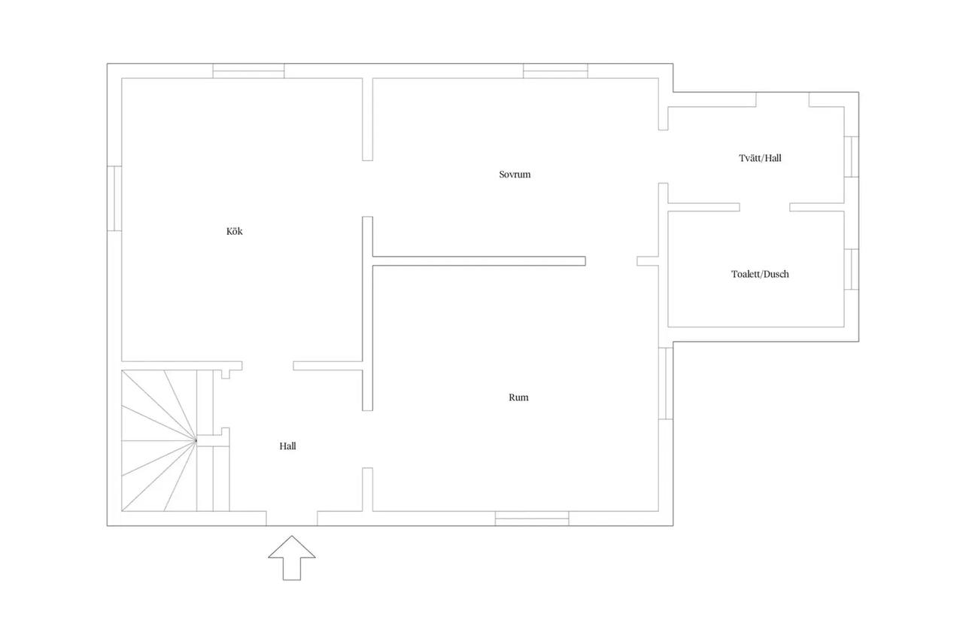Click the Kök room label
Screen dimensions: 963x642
234,231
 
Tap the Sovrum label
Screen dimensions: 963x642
515,174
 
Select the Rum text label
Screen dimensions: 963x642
518,397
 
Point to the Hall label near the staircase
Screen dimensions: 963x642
287,446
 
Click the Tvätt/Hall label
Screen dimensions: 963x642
760,158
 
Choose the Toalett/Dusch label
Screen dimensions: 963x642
760,274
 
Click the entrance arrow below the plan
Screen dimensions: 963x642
292,558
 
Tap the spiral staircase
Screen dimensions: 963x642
168,441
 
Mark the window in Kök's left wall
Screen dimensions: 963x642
114,198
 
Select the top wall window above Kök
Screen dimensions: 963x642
248,71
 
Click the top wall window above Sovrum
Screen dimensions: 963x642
555,71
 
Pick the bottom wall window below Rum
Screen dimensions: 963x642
532,519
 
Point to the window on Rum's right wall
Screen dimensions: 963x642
666,383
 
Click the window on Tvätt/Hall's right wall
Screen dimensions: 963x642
852,157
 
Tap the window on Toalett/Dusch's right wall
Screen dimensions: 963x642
852,269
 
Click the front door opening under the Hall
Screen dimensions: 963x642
292,519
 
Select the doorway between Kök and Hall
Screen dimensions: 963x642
268,366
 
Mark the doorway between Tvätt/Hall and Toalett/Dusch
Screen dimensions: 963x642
765,207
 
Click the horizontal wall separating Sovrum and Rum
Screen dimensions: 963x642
479,261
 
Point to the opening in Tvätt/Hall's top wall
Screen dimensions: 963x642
782,99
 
